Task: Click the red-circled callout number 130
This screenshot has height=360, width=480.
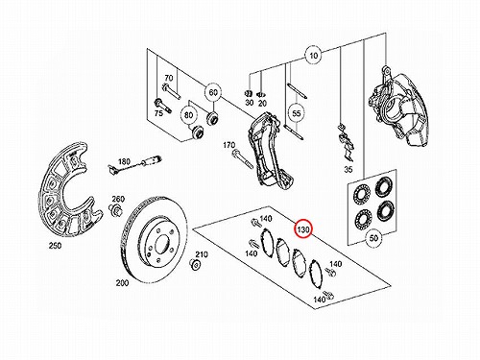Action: [303, 229]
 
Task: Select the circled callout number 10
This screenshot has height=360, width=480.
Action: [314, 56]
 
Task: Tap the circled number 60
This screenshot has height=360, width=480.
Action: [213, 93]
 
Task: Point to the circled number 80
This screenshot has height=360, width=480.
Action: [189, 114]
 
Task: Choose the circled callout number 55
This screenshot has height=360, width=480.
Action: [297, 113]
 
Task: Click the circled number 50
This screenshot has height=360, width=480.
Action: [373, 238]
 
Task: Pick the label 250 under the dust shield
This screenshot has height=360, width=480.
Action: [55, 246]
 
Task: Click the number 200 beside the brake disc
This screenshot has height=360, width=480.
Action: [122, 283]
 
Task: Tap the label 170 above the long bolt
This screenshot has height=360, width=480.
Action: [229, 145]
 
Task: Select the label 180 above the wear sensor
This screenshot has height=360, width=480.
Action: [124, 161]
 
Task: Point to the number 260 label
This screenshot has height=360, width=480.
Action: [118, 199]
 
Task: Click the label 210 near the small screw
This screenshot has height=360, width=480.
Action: [202, 254]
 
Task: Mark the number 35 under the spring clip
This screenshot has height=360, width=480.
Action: [348, 169]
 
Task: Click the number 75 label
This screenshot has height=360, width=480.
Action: [158, 113]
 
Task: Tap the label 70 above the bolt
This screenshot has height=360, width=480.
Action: [169, 78]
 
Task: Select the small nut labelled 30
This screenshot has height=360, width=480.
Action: [248, 93]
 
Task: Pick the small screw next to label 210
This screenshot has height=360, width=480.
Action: [194, 264]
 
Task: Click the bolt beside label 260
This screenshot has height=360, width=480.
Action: [116, 210]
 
